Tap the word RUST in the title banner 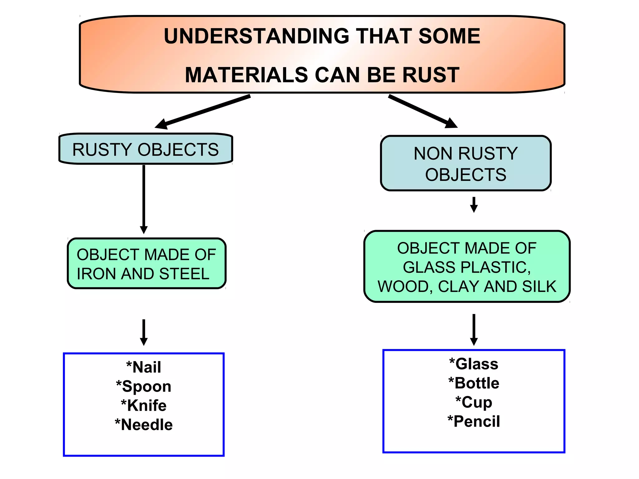431,75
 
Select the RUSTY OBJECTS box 146,149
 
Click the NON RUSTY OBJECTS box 466,163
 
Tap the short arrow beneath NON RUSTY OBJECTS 474,205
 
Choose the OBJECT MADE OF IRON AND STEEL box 146,264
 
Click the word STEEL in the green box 184,274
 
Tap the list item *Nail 144,367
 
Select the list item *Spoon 144,386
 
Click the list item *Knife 144,405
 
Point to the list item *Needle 144,425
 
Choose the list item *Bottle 474,383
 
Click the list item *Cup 474,402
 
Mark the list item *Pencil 474,421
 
